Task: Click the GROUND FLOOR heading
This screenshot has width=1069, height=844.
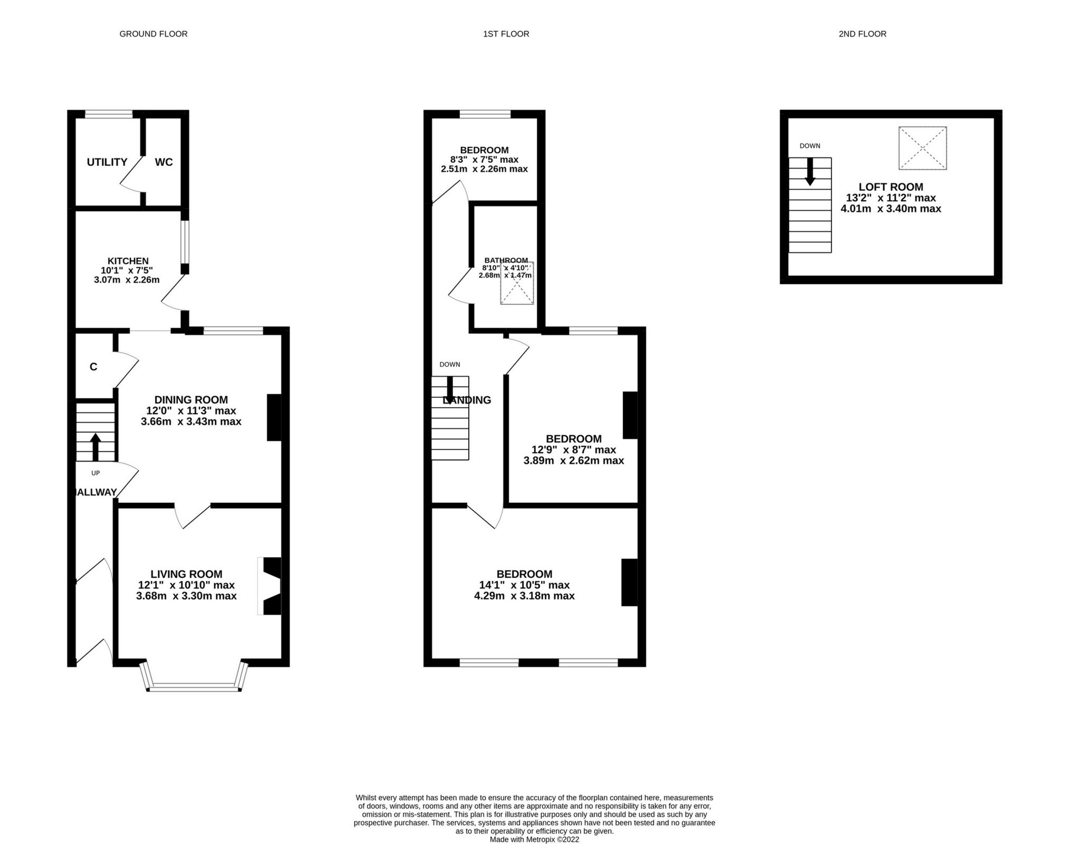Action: coord(153,34)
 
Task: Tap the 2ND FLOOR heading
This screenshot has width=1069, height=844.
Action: coord(862,34)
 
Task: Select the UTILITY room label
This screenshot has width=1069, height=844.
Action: coord(107,162)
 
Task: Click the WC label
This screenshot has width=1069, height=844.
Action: coord(164,162)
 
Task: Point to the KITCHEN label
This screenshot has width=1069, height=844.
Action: coord(128,261)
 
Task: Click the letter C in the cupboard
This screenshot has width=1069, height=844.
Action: coord(93,367)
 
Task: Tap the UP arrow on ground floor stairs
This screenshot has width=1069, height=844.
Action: coord(96,447)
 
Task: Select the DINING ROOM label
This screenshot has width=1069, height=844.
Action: coord(191,400)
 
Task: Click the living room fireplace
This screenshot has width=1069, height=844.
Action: coord(270,586)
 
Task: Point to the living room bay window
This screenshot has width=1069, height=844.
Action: coord(194,687)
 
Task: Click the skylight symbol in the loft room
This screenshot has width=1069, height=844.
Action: coord(922,148)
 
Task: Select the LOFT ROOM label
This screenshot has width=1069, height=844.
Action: coord(891,187)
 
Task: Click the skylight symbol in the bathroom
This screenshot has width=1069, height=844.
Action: coord(517,284)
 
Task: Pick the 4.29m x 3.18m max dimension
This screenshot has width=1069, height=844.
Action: coord(524,596)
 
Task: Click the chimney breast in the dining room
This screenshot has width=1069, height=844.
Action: coord(273,417)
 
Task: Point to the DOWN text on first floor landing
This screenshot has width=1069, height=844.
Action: coord(450,364)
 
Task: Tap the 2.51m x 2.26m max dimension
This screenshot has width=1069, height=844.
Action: coord(484,169)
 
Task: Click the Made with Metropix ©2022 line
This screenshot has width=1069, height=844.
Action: coord(534,839)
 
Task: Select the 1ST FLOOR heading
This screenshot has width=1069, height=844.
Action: coord(506,34)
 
